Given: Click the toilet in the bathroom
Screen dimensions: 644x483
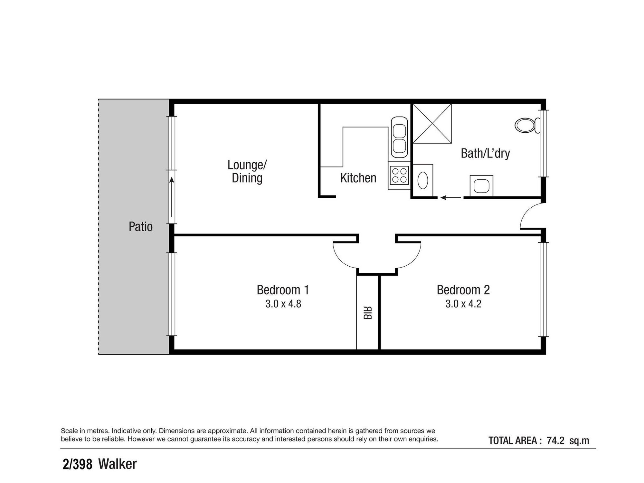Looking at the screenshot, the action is [x=527, y=125].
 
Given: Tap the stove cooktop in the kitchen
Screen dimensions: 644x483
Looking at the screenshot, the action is [x=399, y=175].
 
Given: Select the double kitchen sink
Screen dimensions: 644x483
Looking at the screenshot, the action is [x=399, y=137].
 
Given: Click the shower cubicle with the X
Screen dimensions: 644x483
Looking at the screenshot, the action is [x=432, y=123].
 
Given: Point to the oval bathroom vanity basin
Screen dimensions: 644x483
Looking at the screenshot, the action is [x=423, y=180].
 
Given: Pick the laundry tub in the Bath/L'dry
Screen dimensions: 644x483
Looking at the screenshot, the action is [x=481, y=185].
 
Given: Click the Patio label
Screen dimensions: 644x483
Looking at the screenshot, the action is [x=140, y=227].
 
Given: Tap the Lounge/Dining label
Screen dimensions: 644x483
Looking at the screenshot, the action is [x=247, y=171].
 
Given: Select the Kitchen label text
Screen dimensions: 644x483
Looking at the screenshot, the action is [x=358, y=178].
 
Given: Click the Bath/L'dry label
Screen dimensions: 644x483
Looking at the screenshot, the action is [x=485, y=154].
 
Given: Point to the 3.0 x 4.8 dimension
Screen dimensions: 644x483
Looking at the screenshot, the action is [x=283, y=304].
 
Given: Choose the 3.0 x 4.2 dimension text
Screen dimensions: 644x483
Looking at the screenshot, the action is [x=463, y=304].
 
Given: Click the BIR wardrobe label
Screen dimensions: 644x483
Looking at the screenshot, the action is [x=368, y=313].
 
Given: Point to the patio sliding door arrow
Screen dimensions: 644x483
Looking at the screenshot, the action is [x=172, y=197].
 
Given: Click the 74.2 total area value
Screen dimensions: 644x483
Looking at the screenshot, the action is [x=555, y=440].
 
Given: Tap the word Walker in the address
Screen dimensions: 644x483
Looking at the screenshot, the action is [x=118, y=464].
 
